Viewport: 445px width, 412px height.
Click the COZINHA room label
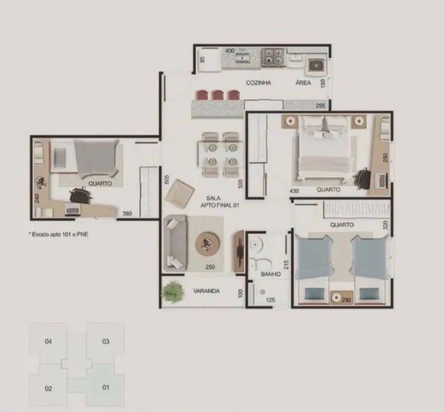[258, 83]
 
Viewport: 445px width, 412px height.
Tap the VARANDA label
[206, 291]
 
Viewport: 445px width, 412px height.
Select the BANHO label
[271, 274]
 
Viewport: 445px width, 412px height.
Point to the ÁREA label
[303, 83]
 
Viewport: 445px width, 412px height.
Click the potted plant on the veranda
[172, 292]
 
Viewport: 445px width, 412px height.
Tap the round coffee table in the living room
[208, 244]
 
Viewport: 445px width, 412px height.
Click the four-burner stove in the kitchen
[273, 57]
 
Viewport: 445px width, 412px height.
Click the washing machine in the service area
[316, 66]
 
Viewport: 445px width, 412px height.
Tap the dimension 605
[166, 179]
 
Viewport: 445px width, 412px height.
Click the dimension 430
[294, 191]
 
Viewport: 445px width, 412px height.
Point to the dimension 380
[127, 213]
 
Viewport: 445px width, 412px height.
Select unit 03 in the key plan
[105, 341]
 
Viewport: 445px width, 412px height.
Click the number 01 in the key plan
[106, 387]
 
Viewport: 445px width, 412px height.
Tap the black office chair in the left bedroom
[81, 195]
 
